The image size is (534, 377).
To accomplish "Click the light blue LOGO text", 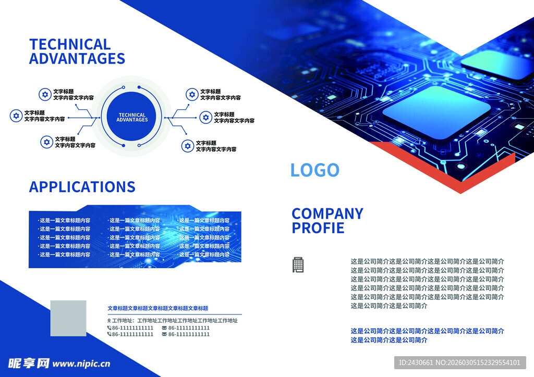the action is coord(314,170).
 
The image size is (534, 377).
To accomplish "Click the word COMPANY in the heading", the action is coord(327,214).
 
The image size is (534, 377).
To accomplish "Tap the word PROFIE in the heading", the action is coord(318,228).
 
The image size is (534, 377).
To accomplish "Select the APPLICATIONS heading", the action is coord(82,187).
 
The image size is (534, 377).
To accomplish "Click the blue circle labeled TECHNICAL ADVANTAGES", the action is coord(131,117).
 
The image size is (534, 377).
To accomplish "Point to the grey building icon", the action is coord(298,265).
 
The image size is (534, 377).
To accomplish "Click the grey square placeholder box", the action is coord(68,318).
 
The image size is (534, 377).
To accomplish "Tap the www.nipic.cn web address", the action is coord(81,364).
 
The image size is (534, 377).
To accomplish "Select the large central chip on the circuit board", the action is coord(436,111).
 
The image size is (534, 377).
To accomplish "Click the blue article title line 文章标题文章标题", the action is coord(157,308).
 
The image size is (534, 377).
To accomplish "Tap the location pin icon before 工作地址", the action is coord(109,321).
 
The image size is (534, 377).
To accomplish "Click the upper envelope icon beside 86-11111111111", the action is coord(164,328).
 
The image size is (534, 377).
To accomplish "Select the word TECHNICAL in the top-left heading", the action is coord(70,45).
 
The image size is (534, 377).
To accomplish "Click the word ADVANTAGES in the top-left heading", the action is coord(77,58).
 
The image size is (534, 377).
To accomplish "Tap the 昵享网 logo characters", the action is coord(29,363).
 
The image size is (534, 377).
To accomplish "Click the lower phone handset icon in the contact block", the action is coord(110,334).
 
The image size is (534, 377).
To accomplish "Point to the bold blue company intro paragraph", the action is coord(427,335).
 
